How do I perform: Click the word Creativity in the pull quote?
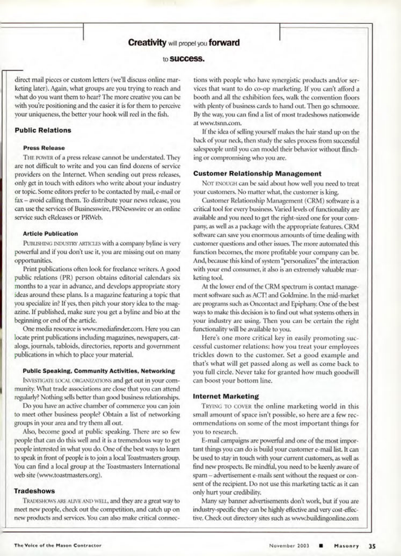point(147,43)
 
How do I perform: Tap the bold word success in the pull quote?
point(187,59)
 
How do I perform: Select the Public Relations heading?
point(43,130)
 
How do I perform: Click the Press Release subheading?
point(44,148)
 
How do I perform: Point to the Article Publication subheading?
point(50,234)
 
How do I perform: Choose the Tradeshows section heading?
point(34,491)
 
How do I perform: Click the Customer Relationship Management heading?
point(257,174)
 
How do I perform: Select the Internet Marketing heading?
point(226,396)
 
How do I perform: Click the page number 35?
point(372,546)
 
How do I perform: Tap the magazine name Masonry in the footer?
point(346,546)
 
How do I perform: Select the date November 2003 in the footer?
point(289,546)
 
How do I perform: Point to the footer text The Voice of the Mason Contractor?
point(58,545)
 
